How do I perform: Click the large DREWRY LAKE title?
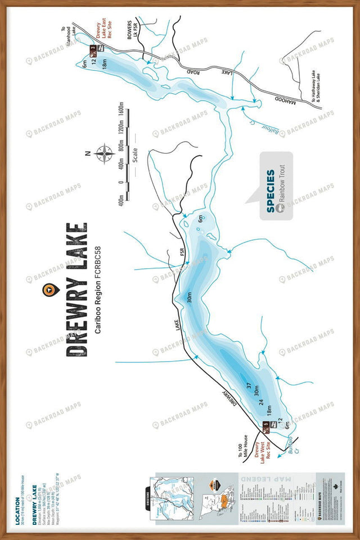77,290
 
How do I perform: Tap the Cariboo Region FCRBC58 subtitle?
98,290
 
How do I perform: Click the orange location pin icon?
49,289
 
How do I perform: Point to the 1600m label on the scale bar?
119,115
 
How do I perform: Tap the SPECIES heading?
271,191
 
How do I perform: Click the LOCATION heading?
19,510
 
